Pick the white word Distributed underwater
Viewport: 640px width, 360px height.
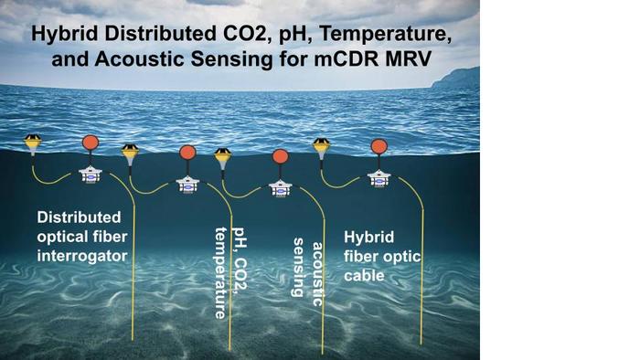pos(79,217)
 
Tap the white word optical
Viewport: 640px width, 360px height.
pos(64,236)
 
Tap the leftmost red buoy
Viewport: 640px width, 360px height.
pos(91,143)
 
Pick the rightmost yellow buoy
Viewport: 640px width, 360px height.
pos(321,145)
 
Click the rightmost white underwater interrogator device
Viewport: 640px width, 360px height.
pos(377,178)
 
